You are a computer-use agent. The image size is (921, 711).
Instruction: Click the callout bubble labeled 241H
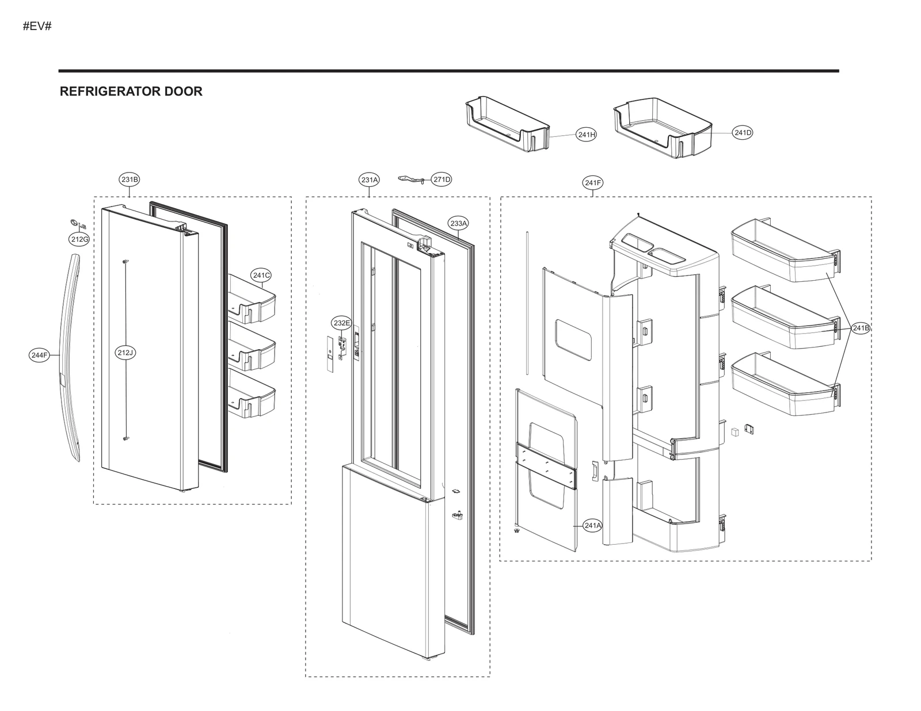click(586, 135)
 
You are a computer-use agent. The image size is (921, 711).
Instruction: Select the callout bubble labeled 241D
click(743, 133)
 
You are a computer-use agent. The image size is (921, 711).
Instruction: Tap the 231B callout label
click(130, 179)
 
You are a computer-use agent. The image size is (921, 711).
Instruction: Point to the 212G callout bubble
click(79, 239)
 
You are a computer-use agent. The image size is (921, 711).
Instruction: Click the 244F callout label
click(39, 355)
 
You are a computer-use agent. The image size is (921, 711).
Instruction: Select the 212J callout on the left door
click(125, 353)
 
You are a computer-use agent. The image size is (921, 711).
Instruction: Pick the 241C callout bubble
click(261, 276)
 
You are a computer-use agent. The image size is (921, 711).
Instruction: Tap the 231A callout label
click(370, 180)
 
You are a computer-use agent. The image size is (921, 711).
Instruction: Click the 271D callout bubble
click(442, 179)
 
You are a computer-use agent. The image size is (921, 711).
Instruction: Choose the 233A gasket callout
click(459, 223)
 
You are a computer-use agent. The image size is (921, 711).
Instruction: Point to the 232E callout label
click(341, 323)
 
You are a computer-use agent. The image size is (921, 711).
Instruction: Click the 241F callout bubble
click(593, 183)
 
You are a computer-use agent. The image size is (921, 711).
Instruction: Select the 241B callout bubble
click(861, 328)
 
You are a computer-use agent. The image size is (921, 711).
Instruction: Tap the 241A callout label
click(592, 525)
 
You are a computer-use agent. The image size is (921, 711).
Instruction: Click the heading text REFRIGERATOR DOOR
click(131, 91)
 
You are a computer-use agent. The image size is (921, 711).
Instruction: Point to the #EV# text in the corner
click(37, 26)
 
